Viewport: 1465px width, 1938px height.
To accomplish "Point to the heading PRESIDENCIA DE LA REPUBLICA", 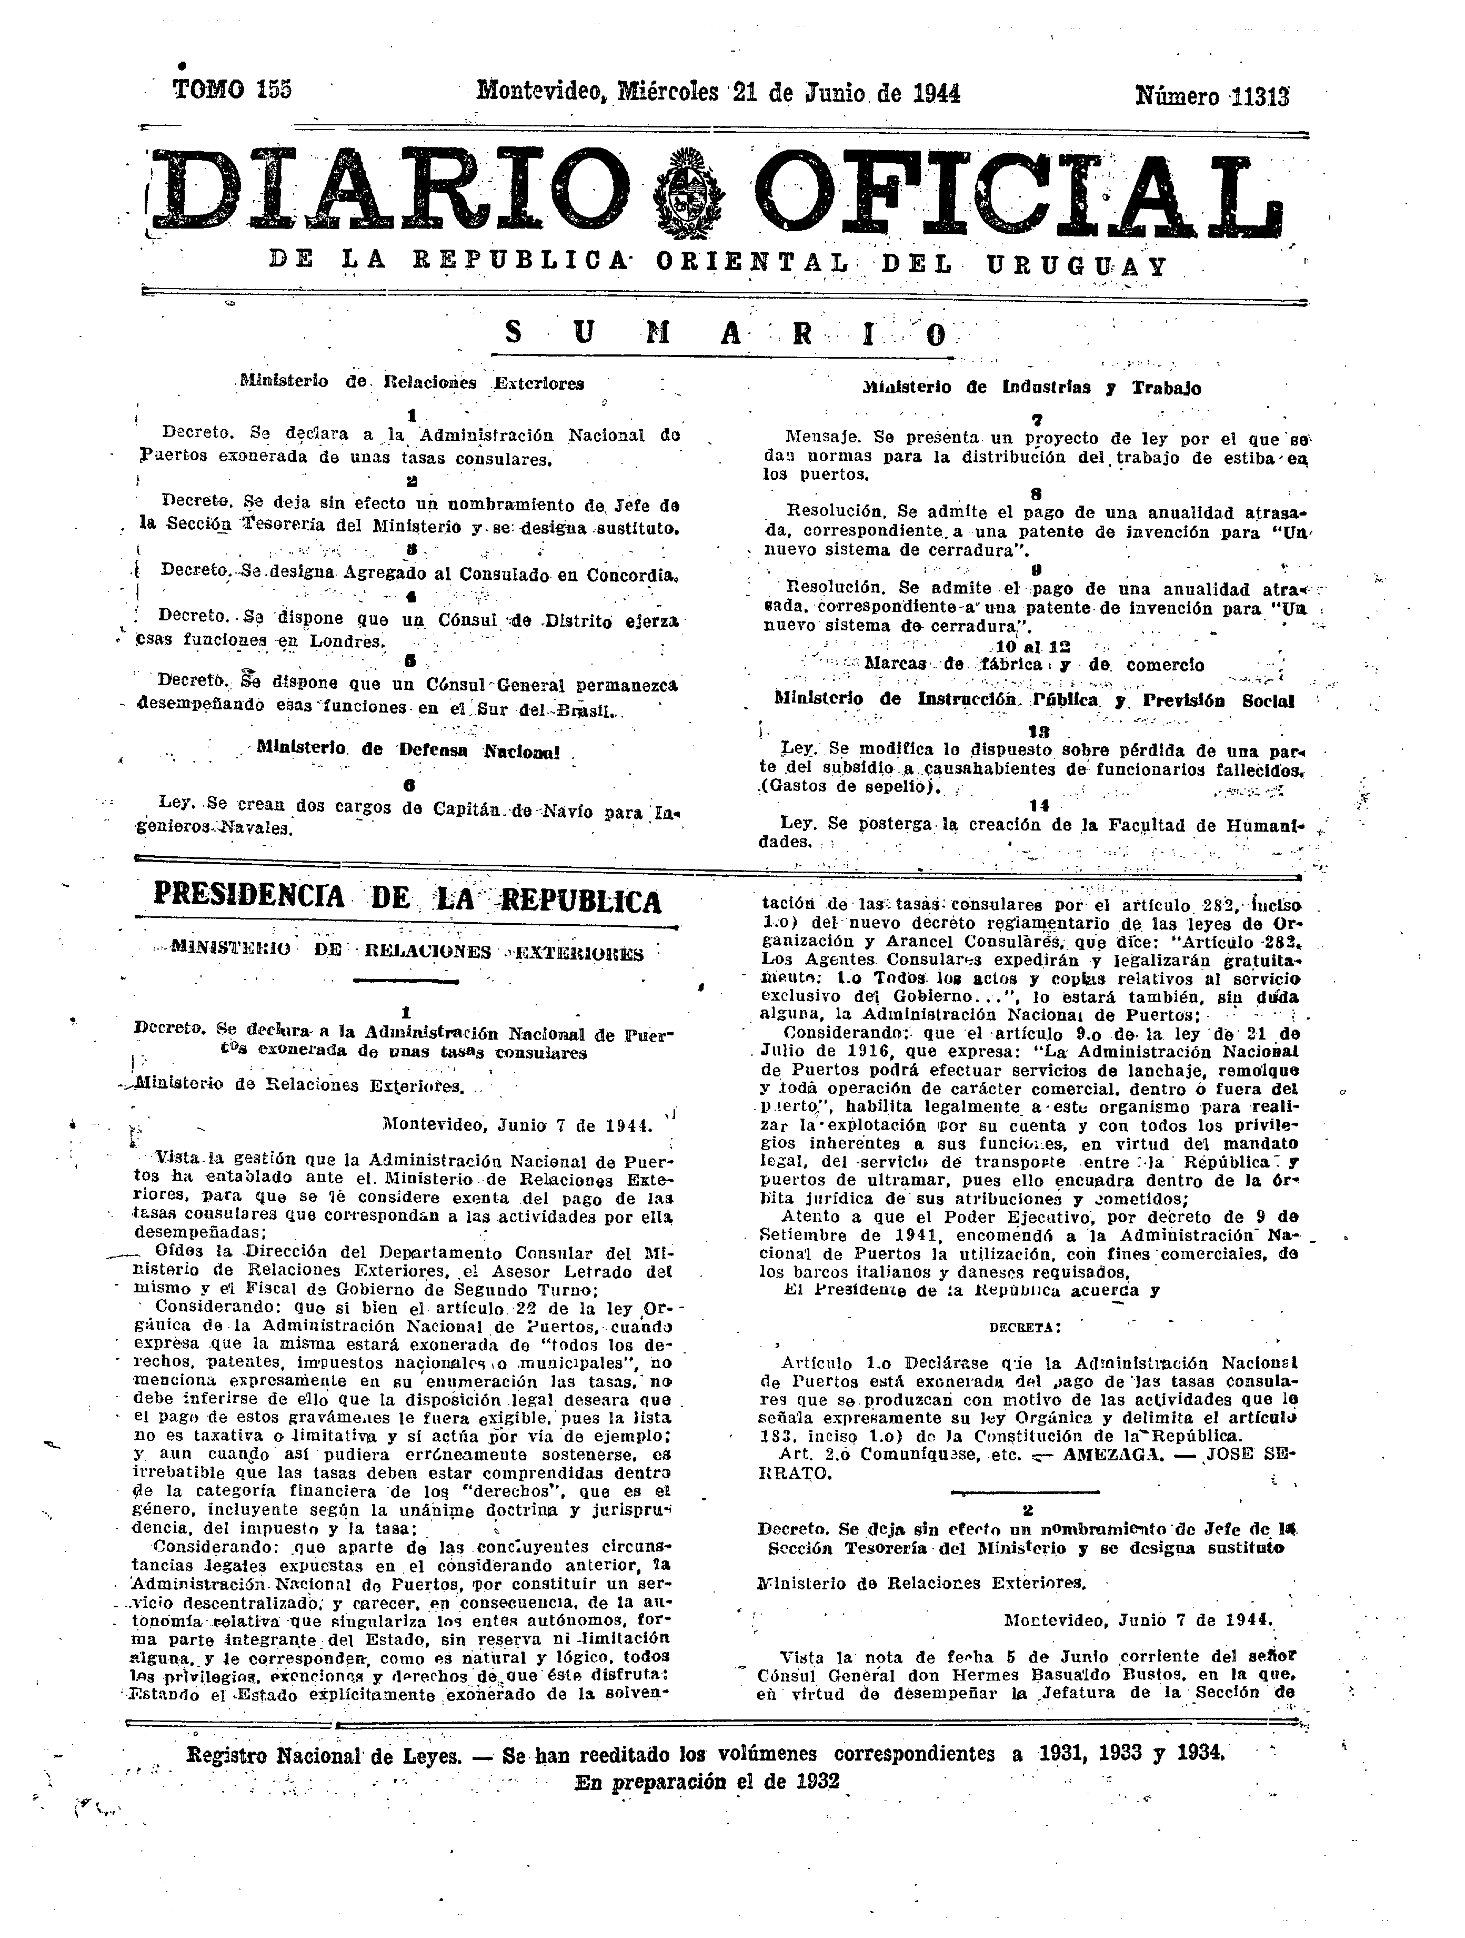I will (407, 901).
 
